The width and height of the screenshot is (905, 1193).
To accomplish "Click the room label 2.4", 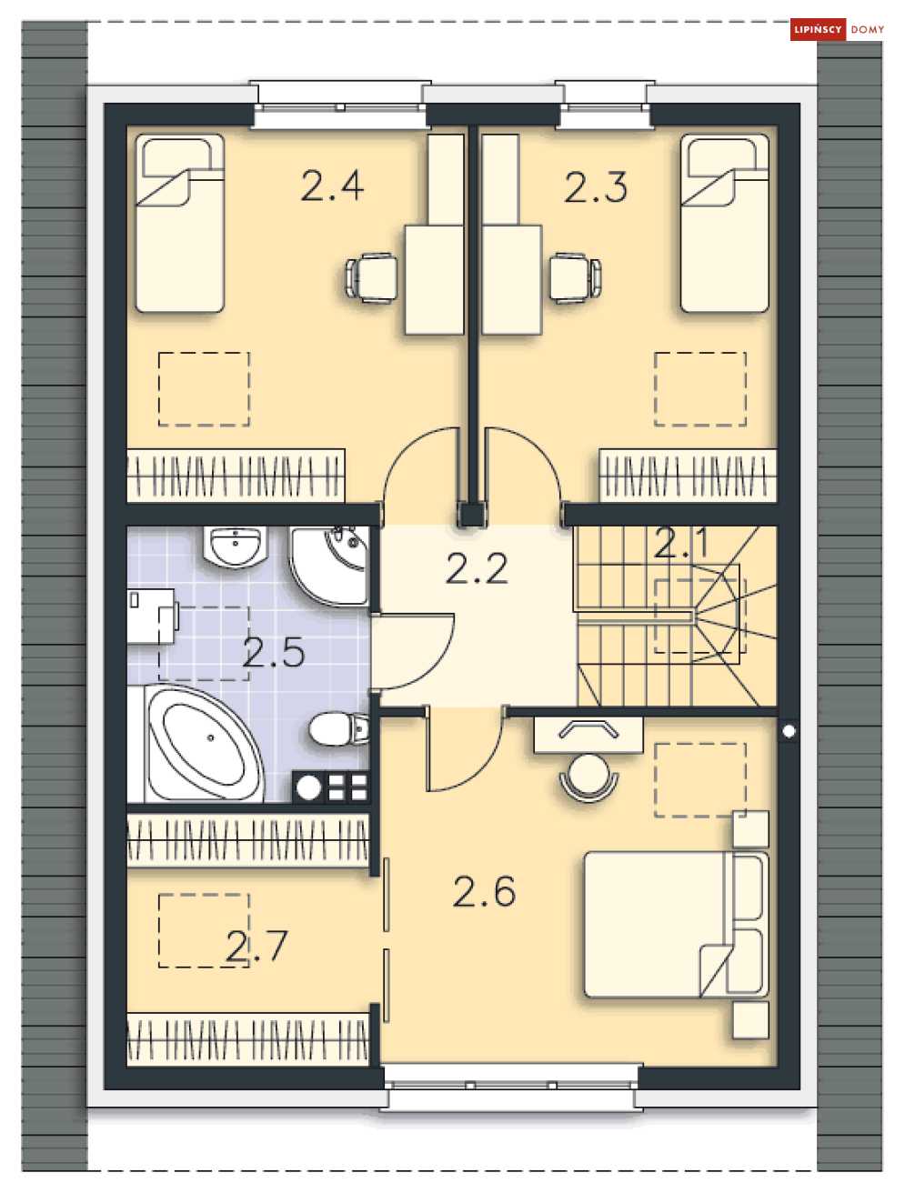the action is pyautogui.click(x=332, y=185).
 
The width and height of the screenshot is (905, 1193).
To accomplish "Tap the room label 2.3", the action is pyautogui.click(x=596, y=187).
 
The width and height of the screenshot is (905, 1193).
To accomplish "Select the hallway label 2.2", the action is pyautogui.click(x=477, y=568).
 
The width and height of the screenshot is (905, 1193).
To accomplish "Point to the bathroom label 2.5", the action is pyautogui.click(x=274, y=652).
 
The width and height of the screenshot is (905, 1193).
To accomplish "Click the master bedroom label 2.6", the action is pyautogui.click(x=484, y=891).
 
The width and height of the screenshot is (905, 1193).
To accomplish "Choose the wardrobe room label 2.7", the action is pyautogui.click(x=256, y=947).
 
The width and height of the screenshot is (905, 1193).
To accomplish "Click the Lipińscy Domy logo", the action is pyautogui.click(x=837, y=29).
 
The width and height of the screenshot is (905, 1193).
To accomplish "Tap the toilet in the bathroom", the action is pyautogui.click(x=338, y=728).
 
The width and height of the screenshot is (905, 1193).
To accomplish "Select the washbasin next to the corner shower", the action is pyautogui.click(x=236, y=546).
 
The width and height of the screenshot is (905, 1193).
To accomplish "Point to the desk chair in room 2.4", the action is pyautogui.click(x=371, y=277).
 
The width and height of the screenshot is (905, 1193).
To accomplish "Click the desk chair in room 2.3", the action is pyautogui.click(x=575, y=277).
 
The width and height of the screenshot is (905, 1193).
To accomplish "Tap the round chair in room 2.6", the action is pyautogui.click(x=588, y=777).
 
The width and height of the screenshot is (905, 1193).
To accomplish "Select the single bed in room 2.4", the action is pyautogui.click(x=180, y=224).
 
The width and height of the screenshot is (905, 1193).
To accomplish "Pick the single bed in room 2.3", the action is pyautogui.click(x=725, y=224).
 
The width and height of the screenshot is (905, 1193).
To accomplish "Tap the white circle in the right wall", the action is pyautogui.click(x=789, y=732).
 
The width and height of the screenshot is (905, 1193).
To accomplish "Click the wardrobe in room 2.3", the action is pyautogui.click(x=688, y=476).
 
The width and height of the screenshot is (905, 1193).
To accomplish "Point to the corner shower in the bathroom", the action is pyautogui.click(x=330, y=566).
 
